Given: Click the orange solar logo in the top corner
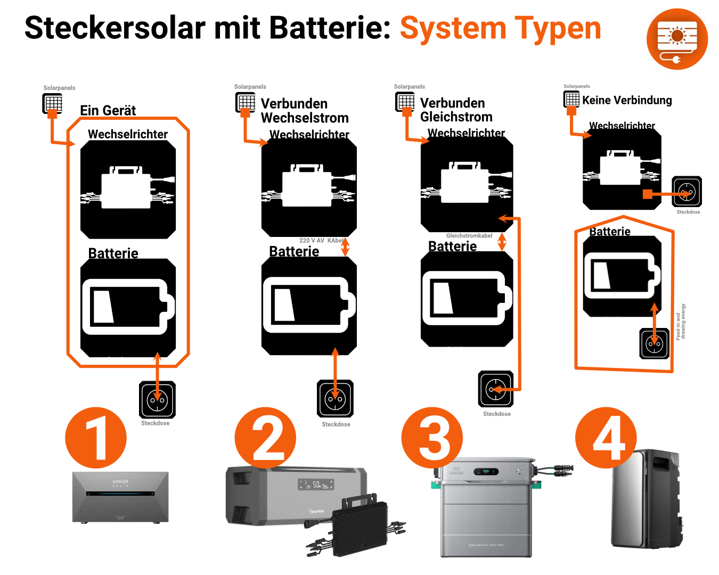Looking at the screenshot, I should [x=677, y=39].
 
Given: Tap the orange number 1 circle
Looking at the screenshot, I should [x=96, y=438].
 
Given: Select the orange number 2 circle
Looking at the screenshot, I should [x=265, y=438].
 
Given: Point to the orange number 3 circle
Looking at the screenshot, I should [x=432, y=438].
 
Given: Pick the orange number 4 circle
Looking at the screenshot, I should [x=606, y=438].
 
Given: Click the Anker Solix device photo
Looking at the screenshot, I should [x=120, y=497].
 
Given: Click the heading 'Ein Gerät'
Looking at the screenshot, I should [x=108, y=110].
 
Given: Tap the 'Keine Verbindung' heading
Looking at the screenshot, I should [x=627, y=100].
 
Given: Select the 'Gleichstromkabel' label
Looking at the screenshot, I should [x=469, y=235].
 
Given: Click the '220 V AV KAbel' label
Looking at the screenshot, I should [x=321, y=241].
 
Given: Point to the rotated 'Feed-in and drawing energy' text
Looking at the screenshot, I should [x=681, y=322].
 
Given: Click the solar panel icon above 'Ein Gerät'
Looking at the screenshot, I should [x=53, y=103].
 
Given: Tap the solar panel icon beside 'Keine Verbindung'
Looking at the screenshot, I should [x=571, y=99].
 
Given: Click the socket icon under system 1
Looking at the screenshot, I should [x=157, y=399].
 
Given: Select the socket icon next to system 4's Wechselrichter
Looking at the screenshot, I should [x=687, y=191].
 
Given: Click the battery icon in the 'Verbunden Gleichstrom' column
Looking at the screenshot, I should [x=467, y=298].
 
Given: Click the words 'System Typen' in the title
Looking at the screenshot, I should [x=500, y=28].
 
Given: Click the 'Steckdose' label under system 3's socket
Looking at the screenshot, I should [x=496, y=414].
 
